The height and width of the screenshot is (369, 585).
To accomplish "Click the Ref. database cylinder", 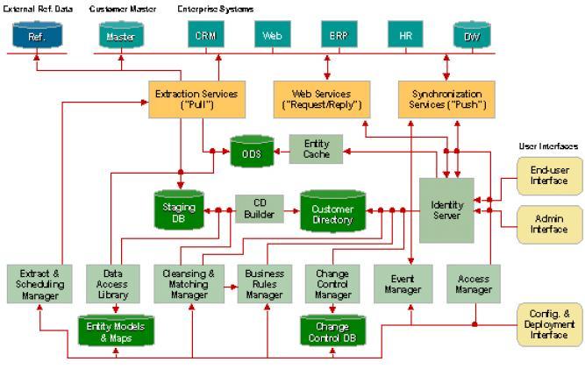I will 38,36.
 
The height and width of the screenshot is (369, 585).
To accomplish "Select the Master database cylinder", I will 121,36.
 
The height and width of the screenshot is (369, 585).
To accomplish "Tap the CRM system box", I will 205,36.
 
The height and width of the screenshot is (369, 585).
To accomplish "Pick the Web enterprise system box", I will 271,36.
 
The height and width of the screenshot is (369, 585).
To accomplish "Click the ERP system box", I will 338,36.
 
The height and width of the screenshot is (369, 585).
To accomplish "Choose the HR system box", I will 405,36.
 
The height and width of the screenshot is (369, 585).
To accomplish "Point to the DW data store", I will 470,36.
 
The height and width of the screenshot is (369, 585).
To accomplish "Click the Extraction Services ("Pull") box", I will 193,99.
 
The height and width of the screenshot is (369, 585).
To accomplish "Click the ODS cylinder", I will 253,153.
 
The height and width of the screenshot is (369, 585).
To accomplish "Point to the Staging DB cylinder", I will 178,211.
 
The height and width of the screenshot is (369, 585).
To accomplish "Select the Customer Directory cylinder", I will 332,211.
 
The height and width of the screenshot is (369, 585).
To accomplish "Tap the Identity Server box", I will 446,209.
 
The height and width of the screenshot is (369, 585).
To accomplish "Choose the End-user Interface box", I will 549,174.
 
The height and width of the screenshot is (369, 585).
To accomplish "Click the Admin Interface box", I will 549,224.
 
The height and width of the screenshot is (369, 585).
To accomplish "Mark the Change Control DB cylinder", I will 332,330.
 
